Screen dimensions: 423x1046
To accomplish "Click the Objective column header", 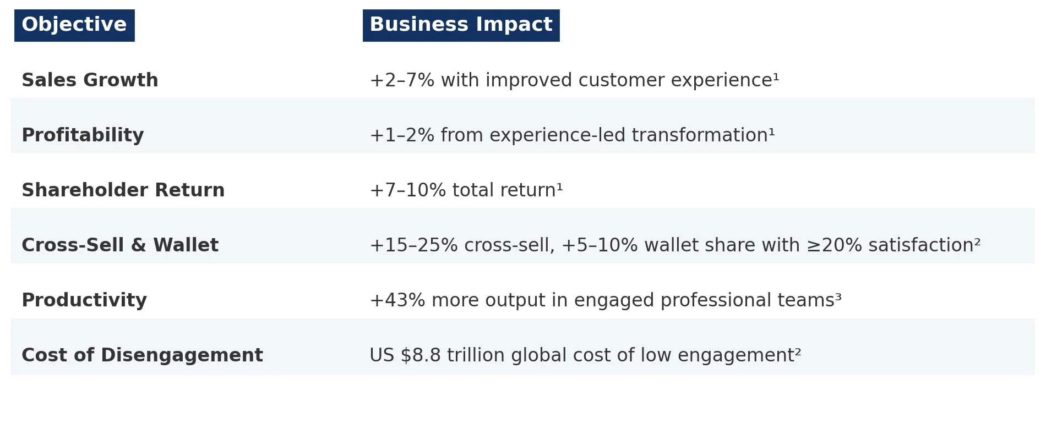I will pyautogui.click(x=74, y=25).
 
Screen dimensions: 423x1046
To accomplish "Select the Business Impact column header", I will pyautogui.click(x=461, y=25).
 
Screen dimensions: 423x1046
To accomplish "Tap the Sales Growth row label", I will pyautogui.click(x=90, y=80).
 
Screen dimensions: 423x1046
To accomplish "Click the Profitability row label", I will pyautogui.click(x=83, y=135).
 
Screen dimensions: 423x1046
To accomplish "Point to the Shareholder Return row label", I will pyautogui.click(x=123, y=190).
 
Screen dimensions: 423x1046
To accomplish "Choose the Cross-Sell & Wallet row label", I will pyautogui.click(x=120, y=245).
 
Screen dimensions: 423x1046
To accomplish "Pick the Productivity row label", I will pyautogui.click(x=84, y=300).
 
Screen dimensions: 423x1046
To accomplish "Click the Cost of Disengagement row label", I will pyautogui.click(x=142, y=355).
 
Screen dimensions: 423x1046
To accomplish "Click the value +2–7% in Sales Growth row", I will pyautogui.click(x=402, y=80).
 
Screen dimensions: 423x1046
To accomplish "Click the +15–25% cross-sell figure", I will pyautogui.click(x=413, y=245).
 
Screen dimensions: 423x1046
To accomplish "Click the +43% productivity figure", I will pyautogui.click(x=397, y=300).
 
